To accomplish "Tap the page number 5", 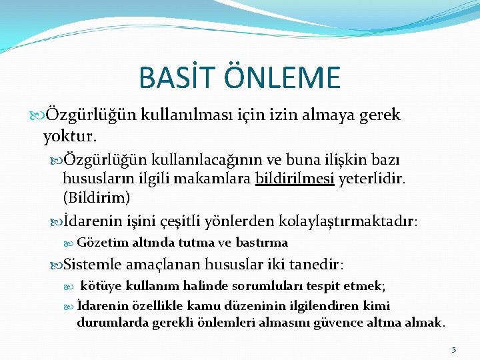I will pyautogui.click(x=453, y=349).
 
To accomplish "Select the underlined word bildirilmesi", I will pyautogui.click(x=294, y=179).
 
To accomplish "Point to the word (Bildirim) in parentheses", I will pyautogui.click(x=97, y=198).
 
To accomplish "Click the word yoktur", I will pyautogui.click(x=70, y=137).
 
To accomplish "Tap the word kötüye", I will pyautogui.click(x=100, y=286).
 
